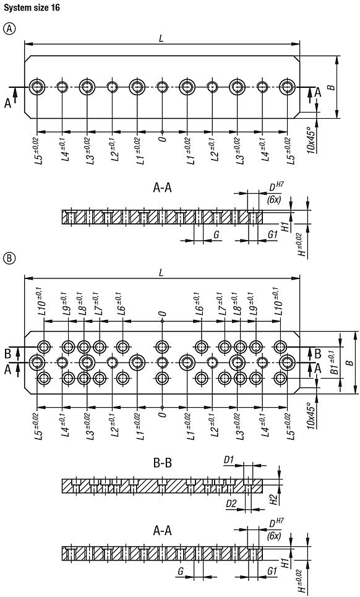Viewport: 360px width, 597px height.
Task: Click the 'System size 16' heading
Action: coord(28,7)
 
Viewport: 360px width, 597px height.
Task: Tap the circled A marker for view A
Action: coord(9,30)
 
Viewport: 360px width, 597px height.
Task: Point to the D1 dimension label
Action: coord(229,461)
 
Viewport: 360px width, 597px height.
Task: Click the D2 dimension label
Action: coord(231,504)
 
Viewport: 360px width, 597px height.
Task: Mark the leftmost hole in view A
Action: coord(37,87)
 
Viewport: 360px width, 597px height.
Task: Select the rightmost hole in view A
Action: coord(287,87)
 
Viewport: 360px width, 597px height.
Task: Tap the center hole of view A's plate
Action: coord(161,87)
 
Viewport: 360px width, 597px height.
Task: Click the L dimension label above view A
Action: coord(161,38)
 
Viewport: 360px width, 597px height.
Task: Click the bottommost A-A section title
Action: coord(161,530)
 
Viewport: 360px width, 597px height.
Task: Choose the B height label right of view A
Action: coord(332,87)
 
